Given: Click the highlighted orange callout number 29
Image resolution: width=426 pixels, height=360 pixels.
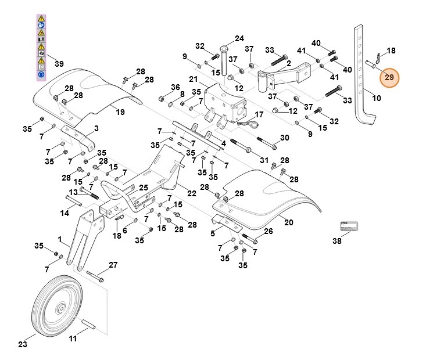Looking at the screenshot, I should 389,77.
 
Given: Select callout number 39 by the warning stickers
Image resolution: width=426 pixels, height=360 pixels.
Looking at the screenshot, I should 59,63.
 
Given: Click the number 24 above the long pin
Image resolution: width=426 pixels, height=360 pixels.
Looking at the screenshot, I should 239,39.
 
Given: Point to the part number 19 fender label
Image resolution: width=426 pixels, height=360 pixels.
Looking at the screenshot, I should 120,111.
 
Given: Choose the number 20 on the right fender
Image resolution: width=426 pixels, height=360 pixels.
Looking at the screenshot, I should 288,222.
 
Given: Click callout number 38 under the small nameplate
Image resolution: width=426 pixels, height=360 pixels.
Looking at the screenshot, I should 337,241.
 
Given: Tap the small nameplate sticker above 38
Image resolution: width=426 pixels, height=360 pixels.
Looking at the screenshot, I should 349,226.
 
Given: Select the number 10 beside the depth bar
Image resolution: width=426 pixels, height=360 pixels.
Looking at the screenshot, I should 376,98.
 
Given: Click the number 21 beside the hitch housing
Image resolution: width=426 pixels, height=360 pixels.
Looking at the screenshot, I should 194,79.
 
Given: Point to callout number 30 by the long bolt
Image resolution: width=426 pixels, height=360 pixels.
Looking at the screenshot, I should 284,138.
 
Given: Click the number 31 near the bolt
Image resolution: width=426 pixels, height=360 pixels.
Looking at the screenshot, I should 264,160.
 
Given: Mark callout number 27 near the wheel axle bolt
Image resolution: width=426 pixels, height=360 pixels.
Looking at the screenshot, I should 113,265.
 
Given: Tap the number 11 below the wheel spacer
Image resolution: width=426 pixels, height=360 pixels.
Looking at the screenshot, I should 73,339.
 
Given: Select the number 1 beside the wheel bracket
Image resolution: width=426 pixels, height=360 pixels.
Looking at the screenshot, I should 60,239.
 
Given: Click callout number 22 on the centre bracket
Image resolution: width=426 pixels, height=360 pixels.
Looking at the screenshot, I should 191,193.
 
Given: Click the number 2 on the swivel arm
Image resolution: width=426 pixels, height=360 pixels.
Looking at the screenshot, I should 289,63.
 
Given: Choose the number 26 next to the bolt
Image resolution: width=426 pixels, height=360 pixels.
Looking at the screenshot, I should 268,231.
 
